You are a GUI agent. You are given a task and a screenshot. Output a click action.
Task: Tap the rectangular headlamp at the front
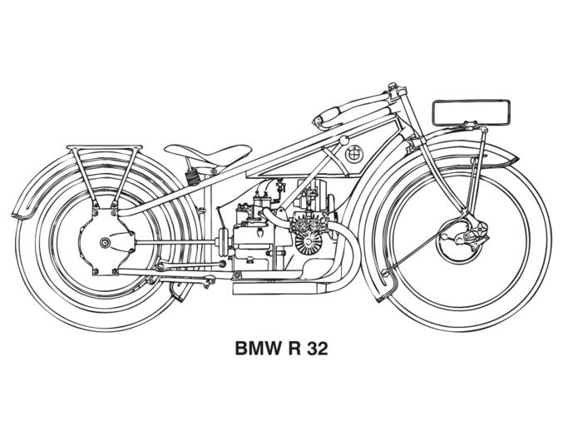(x=471, y=111)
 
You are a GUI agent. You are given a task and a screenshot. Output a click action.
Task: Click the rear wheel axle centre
(x=105, y=243)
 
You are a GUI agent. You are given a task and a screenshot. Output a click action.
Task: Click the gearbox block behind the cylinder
(x=254, y=241)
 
